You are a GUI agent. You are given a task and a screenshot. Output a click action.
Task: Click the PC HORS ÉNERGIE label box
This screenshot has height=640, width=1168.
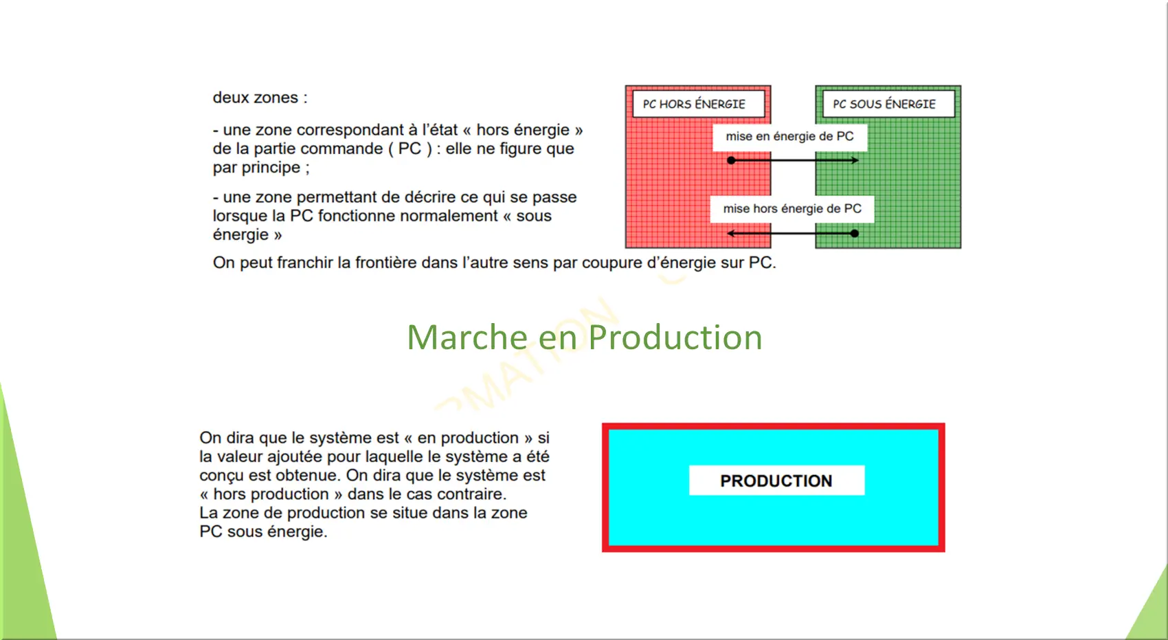pyautogui.click(x=699, y=104)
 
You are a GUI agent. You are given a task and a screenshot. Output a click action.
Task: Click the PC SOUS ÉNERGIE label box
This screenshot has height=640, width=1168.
pyautogui.click(x=888, y=104)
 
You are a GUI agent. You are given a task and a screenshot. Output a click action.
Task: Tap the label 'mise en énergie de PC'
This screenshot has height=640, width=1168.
pyautogui.click(x=789, y=137)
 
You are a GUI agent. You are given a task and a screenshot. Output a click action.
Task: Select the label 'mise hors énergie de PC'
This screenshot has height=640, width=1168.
pyautogui.click(x=792, y=209)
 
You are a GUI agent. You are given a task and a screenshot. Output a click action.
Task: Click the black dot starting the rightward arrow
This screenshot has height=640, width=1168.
pyautogui.click(x=731, y=160)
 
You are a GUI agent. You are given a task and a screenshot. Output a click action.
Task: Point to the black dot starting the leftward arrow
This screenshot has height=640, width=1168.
pyautogui.click(x=854, y=233)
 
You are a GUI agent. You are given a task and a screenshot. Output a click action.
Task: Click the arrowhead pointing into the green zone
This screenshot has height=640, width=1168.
pyautogui.click(x=855, y=160)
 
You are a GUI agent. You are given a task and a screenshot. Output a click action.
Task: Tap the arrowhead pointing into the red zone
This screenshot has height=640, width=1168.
pyautogui.click(x=731, y=233)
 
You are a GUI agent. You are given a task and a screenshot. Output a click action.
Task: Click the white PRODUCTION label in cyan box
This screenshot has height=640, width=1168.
pyautogui.click(x=776, y=481)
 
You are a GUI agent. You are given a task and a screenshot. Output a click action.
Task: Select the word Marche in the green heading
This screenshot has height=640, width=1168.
pyautogui.click(x=467, y=338)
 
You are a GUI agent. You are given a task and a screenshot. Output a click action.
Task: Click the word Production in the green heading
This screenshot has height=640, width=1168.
pyautogui.click(x=675, y=338)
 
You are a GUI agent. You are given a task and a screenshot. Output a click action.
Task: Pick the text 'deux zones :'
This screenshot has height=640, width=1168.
pyautogui.click(x=260, y=98)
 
